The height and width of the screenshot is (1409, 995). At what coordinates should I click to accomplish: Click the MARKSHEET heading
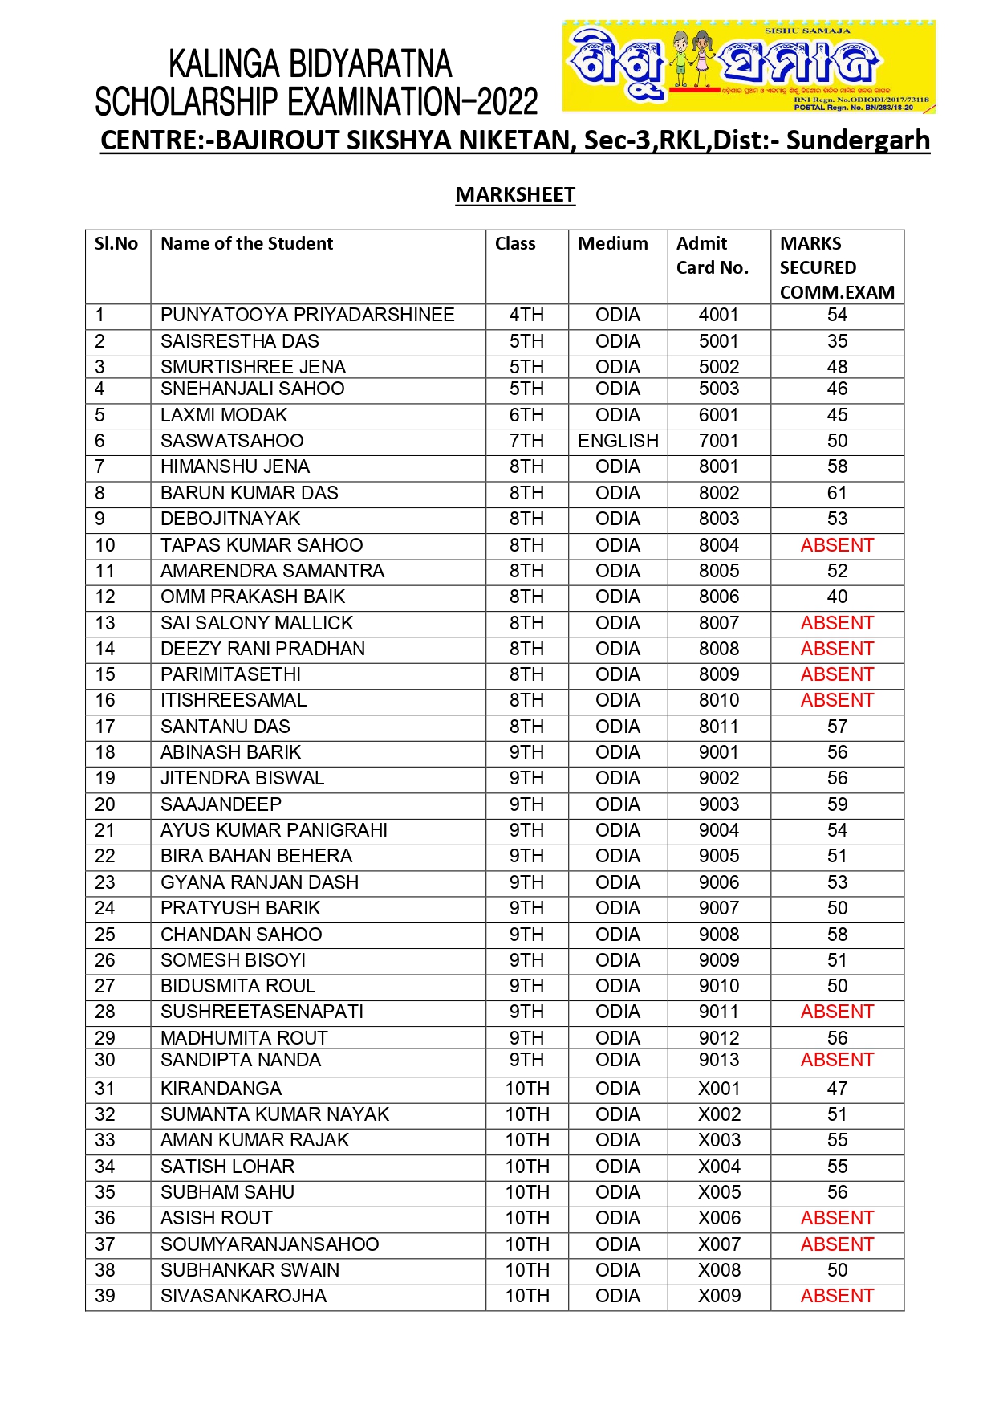point(515,195)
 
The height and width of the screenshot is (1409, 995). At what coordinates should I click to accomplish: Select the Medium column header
point(613,244)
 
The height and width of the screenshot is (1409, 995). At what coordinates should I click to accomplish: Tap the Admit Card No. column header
point(712,255)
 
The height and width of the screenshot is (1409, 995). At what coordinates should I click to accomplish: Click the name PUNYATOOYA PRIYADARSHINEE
point(307,315)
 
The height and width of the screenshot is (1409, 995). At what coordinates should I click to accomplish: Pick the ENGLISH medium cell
point(618,441)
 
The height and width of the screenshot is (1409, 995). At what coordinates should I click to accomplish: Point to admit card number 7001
point(718,441)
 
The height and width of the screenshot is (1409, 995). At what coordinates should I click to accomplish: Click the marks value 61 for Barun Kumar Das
point(837,493)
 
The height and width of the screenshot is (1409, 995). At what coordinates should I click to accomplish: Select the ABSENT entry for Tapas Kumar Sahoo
point(837,545)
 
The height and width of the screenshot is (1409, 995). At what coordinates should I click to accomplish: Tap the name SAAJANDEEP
point(221,804)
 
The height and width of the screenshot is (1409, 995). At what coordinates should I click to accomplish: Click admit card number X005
point(719,1192)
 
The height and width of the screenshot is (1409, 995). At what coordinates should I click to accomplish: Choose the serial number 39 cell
point(105,1296)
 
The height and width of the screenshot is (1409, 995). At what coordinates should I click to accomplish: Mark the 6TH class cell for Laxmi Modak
point(526,415)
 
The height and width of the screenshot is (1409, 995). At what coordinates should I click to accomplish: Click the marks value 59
point(837,804)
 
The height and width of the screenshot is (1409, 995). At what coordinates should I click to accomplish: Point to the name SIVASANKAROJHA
point(243,1296)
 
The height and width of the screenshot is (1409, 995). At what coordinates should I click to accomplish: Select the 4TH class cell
point(526,315)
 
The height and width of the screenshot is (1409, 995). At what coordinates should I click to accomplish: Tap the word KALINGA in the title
point(223,64)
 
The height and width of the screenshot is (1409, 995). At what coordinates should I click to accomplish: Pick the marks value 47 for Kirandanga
point(837,1089)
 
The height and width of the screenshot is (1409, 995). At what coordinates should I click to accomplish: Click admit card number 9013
point(718,1060)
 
